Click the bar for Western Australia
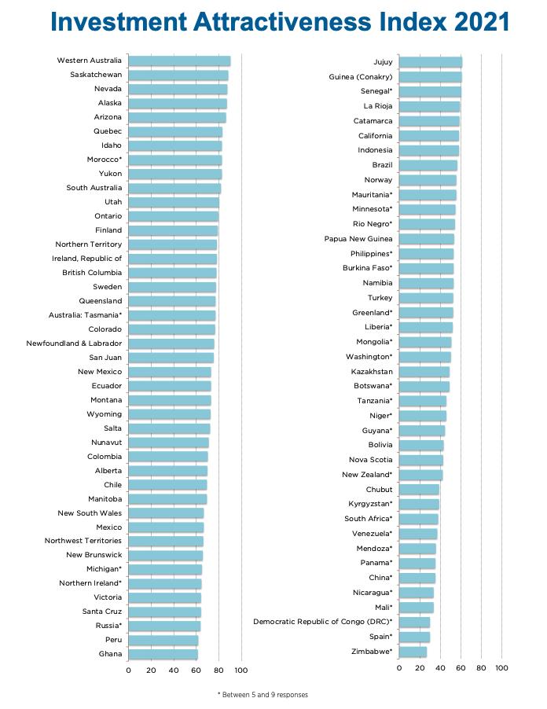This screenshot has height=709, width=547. [178, 61]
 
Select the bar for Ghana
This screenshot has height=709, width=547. [163, 654]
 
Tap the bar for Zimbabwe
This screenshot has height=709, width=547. [413, 652]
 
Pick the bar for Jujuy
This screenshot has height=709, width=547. [430, 62]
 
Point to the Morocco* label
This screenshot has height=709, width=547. [104, 160]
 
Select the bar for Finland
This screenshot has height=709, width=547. [172, 230]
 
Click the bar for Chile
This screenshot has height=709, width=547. [167, 485]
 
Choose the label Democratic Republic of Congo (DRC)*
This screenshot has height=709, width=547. [322, 622]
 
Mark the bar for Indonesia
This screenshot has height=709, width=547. [428, 150]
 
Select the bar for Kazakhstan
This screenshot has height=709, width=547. [424, 371]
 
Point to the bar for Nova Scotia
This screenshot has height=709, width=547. [420, 460]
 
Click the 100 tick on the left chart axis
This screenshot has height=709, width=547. [241, 670]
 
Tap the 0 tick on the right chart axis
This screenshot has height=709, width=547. [399, 668]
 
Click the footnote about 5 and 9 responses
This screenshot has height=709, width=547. [262, 695]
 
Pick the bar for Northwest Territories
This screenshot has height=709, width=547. [165, 541]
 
